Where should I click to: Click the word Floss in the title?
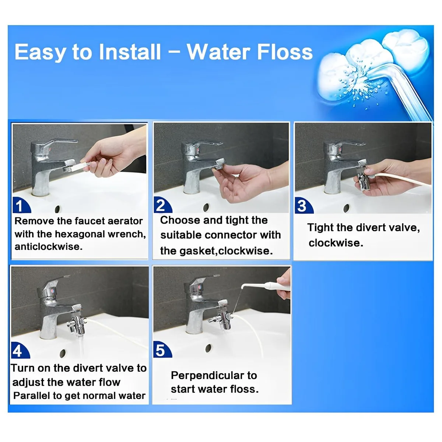coord(285,52)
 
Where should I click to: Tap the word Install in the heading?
coord(130,52)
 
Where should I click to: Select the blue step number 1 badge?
coord(22,205)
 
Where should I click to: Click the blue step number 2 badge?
coord(163,205)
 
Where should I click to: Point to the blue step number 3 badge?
coord(304,205)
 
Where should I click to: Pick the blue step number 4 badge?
coord(20,350)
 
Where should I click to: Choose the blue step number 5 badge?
coord(162,349)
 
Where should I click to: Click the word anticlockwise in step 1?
coord(48,246)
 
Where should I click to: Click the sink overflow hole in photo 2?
coord(206,207)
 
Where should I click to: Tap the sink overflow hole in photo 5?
coord(208,348)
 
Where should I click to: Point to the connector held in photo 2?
coord(219,163)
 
